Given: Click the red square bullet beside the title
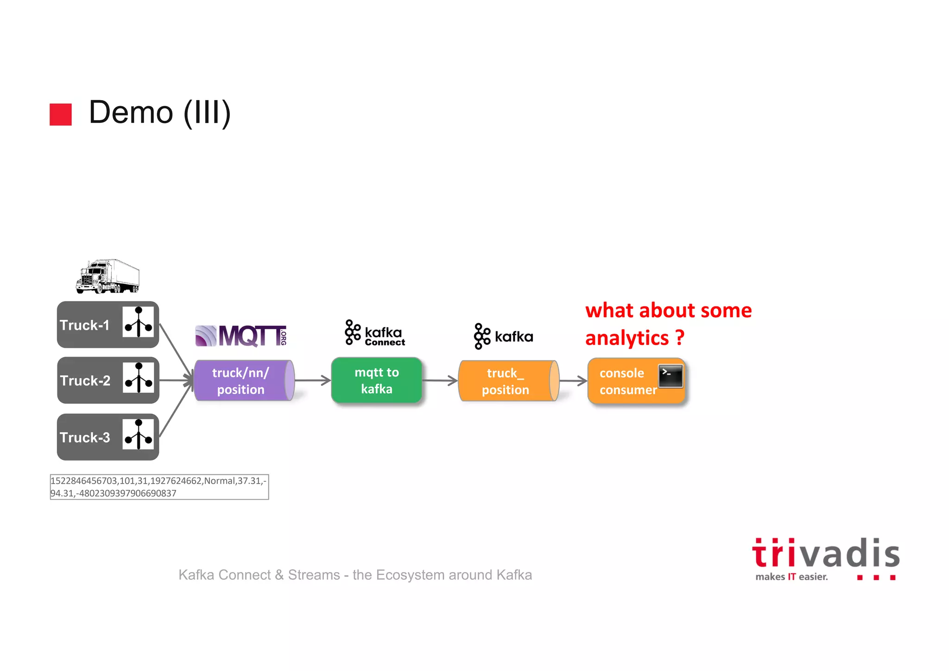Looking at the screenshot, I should [61, 115].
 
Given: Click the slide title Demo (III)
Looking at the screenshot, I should [159, 113].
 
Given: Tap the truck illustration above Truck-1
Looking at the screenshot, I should [108, 276].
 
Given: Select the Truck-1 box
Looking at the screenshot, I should [108, 325].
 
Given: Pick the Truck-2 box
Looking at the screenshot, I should [108, 380].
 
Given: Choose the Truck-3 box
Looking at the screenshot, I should [108, 437].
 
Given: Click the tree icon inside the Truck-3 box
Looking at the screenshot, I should [138, 435].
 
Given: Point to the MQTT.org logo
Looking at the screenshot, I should [241, 336].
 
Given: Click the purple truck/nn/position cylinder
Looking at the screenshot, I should [244, 381].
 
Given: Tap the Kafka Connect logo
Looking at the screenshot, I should [375, 333].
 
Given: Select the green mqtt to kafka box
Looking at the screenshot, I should [377, 380].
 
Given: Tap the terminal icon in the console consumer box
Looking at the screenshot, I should [671, 376].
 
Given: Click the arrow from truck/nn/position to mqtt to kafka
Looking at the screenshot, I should [312, 381].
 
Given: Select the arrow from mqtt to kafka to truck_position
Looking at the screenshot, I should [440, 381].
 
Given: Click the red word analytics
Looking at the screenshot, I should [627, 339].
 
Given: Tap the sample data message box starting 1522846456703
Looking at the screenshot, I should [159, 487].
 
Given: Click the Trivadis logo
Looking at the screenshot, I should [826, 559].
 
